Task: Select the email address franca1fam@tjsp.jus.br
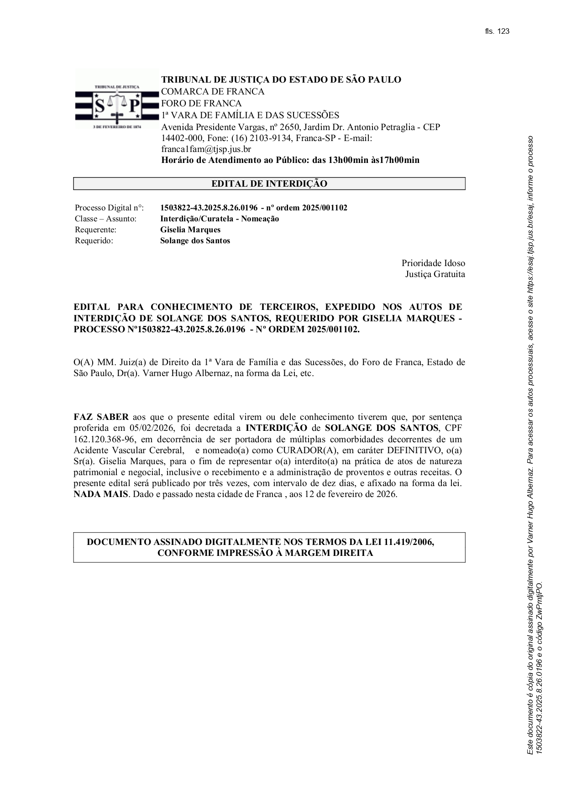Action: (206, 149)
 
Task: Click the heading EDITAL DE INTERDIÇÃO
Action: (269, 183)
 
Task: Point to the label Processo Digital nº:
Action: (109, 208)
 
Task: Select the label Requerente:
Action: (95, 230)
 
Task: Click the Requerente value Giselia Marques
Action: (190, 230)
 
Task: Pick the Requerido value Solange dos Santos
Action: (195, 241)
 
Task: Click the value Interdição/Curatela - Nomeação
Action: (219, 219)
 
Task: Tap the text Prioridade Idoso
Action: (433, 263)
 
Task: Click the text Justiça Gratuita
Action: (435, 274)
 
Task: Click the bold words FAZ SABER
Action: (101, 417)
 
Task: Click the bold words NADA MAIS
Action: (101, 494)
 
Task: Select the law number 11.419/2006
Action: (409, 542)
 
